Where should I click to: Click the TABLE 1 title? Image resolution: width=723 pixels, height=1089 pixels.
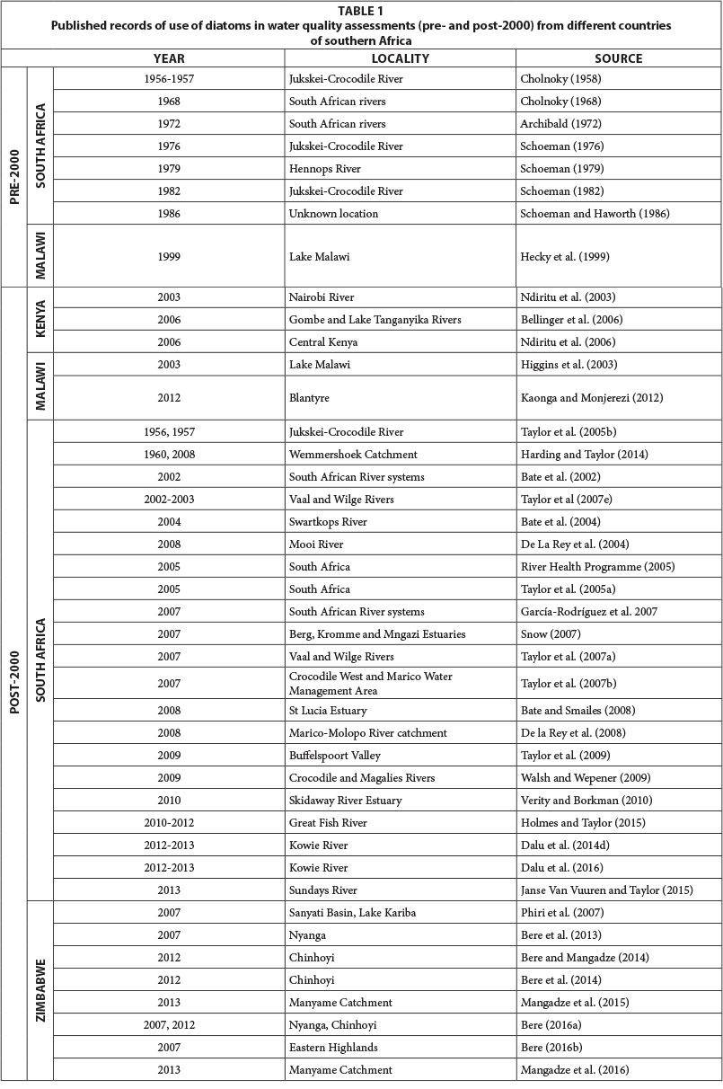click(361, 12)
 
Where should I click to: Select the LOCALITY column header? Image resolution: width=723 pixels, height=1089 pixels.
click(400, 58)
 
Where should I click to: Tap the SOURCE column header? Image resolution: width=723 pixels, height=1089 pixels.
click(618, 58)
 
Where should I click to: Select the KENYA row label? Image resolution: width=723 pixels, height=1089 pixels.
click(40, 320)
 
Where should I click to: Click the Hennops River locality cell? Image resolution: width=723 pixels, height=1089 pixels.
click(327, 169)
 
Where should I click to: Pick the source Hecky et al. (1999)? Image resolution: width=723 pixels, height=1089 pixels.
click(562, 256)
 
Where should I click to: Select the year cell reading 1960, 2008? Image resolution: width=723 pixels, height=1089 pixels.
click(168, 455)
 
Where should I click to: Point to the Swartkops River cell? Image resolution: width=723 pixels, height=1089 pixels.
click(330, 522)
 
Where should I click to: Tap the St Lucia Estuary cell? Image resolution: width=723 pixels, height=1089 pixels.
click(330, 711)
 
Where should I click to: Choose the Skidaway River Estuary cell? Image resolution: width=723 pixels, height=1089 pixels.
click(345, 801)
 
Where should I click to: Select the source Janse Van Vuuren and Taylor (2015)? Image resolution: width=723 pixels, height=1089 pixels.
click(609, 890)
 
